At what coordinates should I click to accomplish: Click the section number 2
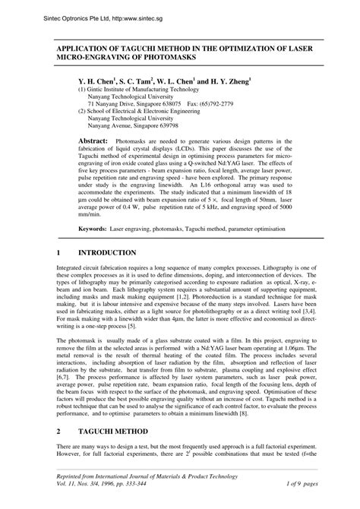(59, 430)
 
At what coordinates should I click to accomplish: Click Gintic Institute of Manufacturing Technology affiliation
(137, 88)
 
